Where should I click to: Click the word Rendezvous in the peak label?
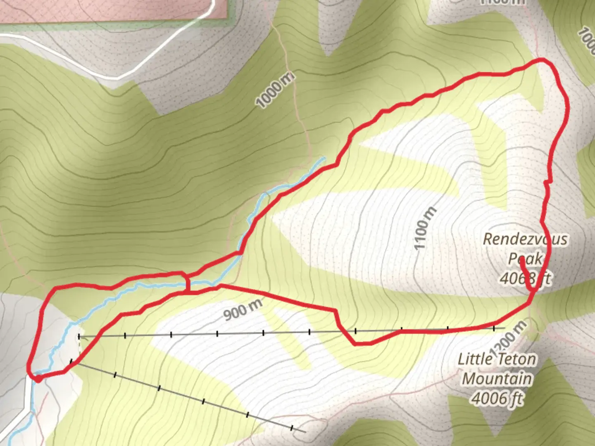525,239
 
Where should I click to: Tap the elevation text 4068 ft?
525,278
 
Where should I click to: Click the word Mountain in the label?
497,379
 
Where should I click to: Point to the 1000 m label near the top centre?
276,90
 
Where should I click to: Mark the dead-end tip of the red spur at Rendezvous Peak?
522,259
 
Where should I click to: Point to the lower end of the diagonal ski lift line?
305,432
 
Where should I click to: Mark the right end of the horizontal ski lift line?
504,328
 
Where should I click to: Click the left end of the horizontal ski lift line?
79,337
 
